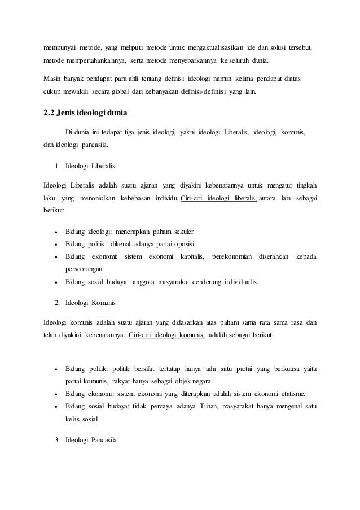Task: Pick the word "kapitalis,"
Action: pyautogui.click(x=192, y=257)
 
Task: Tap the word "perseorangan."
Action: pyautogui.click(x=89, y=269)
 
